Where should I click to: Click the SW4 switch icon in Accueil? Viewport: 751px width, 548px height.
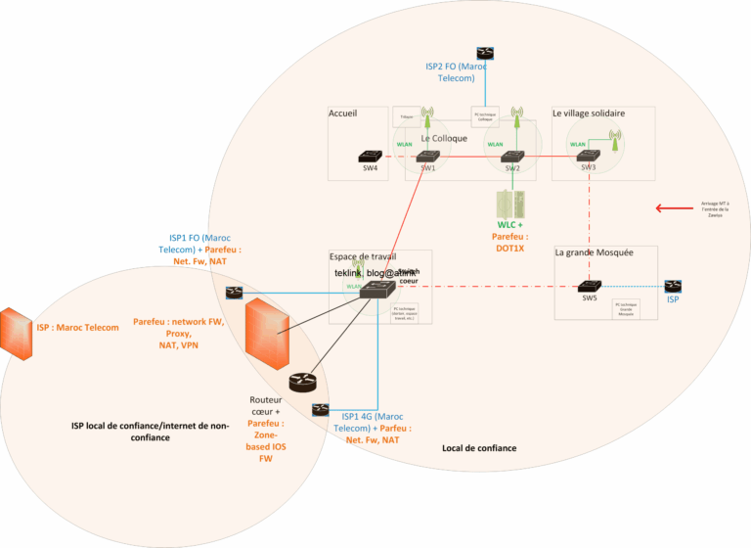pos(370,157)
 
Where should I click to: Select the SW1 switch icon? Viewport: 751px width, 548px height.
pos(428,157)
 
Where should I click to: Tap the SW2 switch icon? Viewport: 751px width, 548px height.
pos(511,157)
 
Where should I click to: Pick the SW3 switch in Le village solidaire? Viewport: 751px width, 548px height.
pos(588,157)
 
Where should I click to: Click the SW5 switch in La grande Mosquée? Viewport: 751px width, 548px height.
pos(588,286)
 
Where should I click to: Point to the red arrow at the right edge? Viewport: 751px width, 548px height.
pos(672,207)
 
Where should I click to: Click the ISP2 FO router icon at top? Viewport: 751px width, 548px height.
pos(485,53)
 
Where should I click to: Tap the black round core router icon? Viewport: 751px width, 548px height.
pos(303,384)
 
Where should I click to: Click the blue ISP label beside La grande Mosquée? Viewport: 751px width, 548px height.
pos(673,299)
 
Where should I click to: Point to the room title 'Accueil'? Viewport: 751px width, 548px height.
pos(343,114)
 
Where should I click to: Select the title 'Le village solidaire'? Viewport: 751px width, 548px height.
pos(589,113)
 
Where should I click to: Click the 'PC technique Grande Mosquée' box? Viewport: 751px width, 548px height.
pos(627,308)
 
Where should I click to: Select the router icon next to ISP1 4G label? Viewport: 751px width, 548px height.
pos(319,409)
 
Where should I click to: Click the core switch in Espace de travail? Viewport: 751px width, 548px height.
pos(376,288)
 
